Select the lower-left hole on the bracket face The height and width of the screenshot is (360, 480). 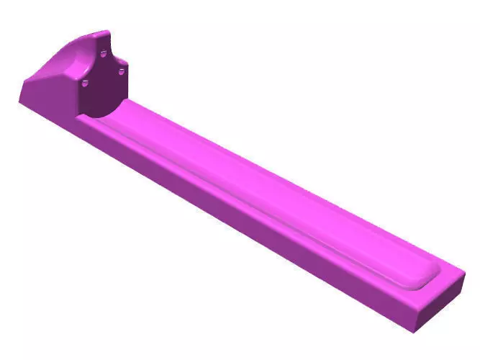click(85, 84)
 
